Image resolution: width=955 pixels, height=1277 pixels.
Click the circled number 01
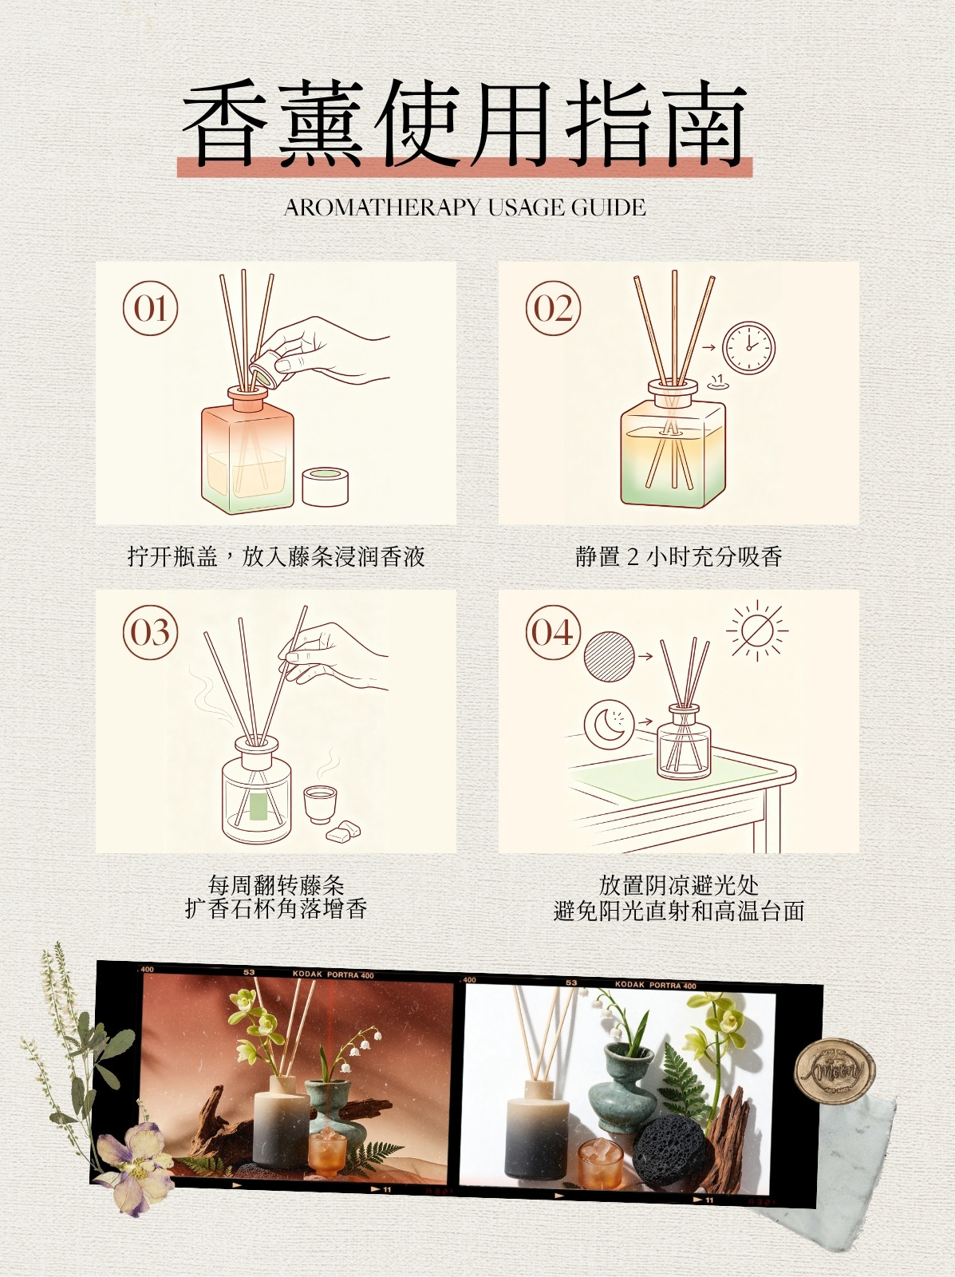click(150, 308)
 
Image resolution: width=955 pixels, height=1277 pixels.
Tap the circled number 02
click(553, 308)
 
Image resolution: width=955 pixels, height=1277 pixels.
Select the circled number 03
click(150, 632)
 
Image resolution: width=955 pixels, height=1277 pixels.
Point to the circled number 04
click(553, 632)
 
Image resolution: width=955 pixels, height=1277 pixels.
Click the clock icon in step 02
click(748, 347)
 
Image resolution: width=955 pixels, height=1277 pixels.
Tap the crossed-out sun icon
click(756, 631)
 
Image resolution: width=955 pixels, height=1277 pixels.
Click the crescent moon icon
click(609, 723)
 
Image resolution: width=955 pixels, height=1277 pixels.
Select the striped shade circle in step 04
click(609, 656)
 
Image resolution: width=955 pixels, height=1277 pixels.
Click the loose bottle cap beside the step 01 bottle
click(326, 486)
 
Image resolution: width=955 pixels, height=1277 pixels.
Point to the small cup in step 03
click(320, 804)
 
